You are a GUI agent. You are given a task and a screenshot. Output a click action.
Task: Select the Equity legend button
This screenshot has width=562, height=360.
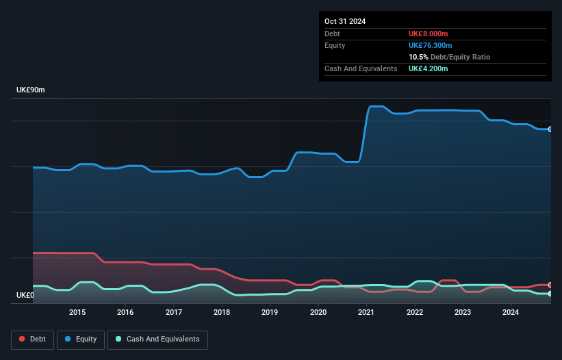click(x=81, y=339)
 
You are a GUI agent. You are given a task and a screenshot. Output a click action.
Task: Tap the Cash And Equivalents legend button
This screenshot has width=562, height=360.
click(x=157, y=339)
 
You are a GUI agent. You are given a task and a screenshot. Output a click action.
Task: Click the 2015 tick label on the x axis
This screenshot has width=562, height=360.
click(x=77, y=313)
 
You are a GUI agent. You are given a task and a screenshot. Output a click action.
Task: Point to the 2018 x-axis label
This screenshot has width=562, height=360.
click(x=222, y=313)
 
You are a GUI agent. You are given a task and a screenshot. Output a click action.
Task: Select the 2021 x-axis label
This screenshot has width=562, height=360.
click(x=366, y=313)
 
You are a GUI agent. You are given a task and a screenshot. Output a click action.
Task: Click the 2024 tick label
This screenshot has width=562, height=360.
click(x=511, y=313)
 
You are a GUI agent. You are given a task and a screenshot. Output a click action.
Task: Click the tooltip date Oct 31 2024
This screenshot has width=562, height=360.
click(x=345, y=21)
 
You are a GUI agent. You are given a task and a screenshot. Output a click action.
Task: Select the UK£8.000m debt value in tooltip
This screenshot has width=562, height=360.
click(x=428, y=34)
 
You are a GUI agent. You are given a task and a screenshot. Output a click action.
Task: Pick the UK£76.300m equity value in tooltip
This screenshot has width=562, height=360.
click(x=431, y=45)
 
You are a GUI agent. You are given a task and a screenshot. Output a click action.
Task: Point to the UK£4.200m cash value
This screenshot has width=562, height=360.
click(x=428, y=69)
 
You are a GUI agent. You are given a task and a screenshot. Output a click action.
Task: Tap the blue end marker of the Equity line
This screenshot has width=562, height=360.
click(x=550, y=129)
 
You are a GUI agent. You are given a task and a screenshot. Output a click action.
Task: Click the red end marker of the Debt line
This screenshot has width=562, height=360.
click(x=550, y=285)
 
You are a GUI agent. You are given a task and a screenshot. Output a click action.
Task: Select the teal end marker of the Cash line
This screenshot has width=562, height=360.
click(x=550, y=294)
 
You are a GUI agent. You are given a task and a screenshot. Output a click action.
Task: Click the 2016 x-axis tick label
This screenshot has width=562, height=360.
click(x=125, y=313)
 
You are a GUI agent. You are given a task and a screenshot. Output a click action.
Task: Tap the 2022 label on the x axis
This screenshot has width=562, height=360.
click(x=414, y=313)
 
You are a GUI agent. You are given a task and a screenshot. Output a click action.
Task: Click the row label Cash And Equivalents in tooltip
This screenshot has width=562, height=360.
click(x=361, y=69)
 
